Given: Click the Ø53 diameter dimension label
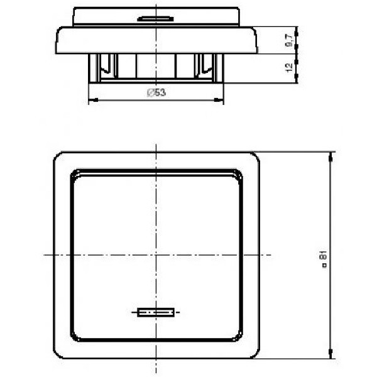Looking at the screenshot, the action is pos(156,92).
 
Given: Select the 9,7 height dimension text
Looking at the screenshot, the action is pos(289,40).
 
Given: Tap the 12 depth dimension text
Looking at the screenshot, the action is pos(289,67).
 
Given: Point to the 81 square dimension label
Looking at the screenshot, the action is pos(324,258).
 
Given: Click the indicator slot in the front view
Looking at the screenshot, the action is pos(156,312).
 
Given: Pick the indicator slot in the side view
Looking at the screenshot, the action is pos(155,19).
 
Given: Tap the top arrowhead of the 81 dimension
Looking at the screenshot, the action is pos(331,157).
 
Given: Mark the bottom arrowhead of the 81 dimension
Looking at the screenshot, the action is pos(331,354).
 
